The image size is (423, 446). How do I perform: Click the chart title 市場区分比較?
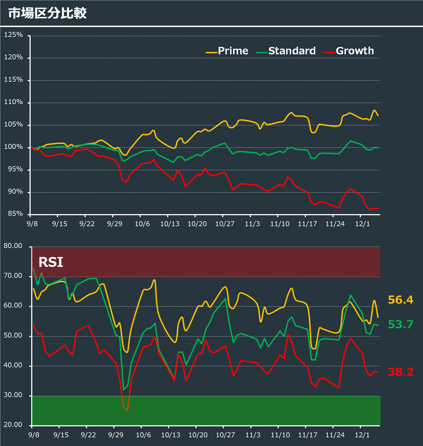pos(47,13)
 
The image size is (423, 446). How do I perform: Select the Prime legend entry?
pos(233,51)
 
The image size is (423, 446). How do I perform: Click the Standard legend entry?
pos(292,51)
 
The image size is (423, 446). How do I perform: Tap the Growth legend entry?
pos(355,51)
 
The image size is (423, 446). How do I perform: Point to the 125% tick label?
pos(13,35)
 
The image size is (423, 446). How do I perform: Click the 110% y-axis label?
pos(13,102)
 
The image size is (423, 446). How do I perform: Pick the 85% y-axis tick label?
pos(15,214)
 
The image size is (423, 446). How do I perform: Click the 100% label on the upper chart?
pos(13,147)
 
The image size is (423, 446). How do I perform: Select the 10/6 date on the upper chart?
pos(142,224)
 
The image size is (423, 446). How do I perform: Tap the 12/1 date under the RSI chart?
pos(362,435)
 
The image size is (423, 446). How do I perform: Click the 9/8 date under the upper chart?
pos(32,224)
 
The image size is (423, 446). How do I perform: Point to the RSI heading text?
pos(51,262)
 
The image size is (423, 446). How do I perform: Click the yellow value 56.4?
pos(400,300)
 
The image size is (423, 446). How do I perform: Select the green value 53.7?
pos(400,324)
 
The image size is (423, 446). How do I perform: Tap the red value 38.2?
pos(400,372)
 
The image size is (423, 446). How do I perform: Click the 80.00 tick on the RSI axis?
pos(13,246)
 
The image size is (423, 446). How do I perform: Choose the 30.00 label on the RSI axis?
pos(13,395)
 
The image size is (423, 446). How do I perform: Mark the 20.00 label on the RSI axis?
pos(13,425)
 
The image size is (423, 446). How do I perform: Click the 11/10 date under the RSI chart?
pos(280,435)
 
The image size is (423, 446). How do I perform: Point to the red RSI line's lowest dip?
pos(128,410)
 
